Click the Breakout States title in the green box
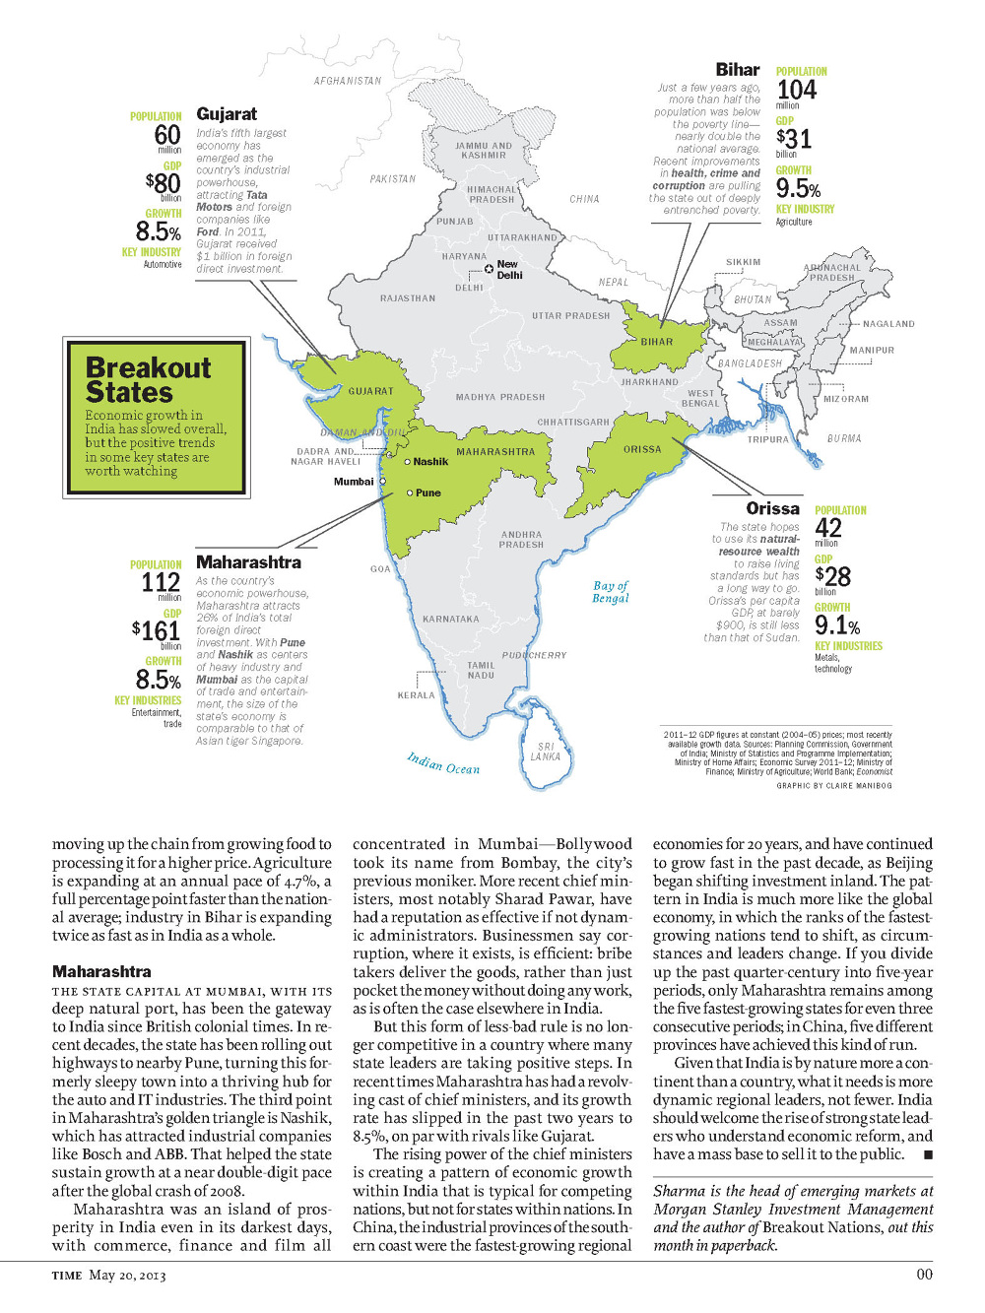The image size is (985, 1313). coord(148,380)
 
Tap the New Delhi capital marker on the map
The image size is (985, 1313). coord(490,269)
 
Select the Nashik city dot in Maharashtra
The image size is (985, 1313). coord(408,461)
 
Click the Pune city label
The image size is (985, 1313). coord(427,492)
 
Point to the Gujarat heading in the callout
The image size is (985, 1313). coord(227,114)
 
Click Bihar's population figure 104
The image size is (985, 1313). coord(796,90)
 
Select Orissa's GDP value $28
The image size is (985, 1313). coord(832,576)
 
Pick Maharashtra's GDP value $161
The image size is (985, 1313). coord(157,630)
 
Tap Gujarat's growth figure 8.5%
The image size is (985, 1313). coord(158,231)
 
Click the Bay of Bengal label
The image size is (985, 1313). coord(611,591)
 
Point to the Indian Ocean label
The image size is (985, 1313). coord(443,763)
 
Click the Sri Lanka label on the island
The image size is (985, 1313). coord(546,752)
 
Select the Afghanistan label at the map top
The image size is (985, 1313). coord(347,81)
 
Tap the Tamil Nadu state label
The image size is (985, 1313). coord(481,670)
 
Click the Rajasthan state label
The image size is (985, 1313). coord(407,297)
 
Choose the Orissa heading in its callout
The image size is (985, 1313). coord(772,508)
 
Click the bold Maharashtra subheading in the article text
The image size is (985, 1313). coord(101,971)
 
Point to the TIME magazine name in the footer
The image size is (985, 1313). coord(66,1276)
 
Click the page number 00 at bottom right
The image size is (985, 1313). coord(924,1275)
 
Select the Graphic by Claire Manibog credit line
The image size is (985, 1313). coord(833,786)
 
